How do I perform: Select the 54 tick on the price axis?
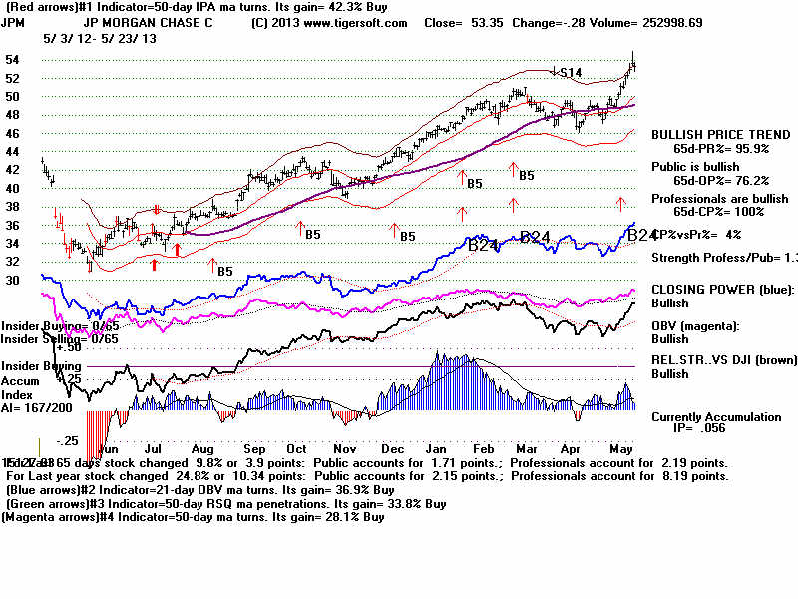point(13,60)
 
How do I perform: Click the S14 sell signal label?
point(570,72)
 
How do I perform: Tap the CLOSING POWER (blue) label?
point(722,289)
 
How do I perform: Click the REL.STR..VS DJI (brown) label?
point(723,360)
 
